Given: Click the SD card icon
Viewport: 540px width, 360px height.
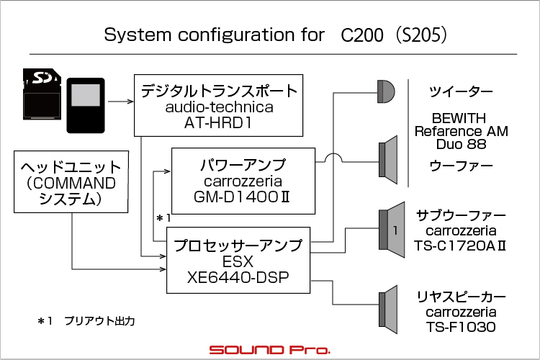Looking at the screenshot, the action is (42, 94).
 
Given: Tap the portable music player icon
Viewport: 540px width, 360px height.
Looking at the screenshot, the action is (86, 105).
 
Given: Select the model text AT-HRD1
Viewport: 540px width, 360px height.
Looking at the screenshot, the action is (218, 123).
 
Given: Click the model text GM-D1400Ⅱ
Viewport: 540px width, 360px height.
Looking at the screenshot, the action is (242, 197).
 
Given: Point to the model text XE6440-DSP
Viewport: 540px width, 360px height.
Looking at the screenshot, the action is (238, 278).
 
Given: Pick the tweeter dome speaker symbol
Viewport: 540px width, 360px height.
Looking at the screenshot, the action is (386, 91).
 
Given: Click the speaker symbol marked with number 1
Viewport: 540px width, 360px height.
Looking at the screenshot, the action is (392, 230).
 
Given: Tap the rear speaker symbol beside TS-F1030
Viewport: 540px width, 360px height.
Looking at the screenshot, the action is (388, 310).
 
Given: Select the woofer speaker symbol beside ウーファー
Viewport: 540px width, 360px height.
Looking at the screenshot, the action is (388, 160).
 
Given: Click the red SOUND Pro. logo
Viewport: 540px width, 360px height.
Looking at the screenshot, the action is (270, 350).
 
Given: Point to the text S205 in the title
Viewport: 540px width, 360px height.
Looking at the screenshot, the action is (421, 35).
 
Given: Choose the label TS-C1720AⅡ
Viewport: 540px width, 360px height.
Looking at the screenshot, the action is (460, 246).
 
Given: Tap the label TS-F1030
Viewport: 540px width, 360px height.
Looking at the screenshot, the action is (461, 327).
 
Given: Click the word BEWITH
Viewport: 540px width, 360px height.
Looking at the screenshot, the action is (459, 118).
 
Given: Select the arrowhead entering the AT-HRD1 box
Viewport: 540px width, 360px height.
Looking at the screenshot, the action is (130, 102).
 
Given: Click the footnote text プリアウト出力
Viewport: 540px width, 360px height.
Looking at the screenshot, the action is (99, 321).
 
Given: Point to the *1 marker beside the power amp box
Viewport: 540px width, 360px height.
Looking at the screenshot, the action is (163, 218).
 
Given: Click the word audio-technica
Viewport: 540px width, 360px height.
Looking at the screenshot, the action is (220, 107).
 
